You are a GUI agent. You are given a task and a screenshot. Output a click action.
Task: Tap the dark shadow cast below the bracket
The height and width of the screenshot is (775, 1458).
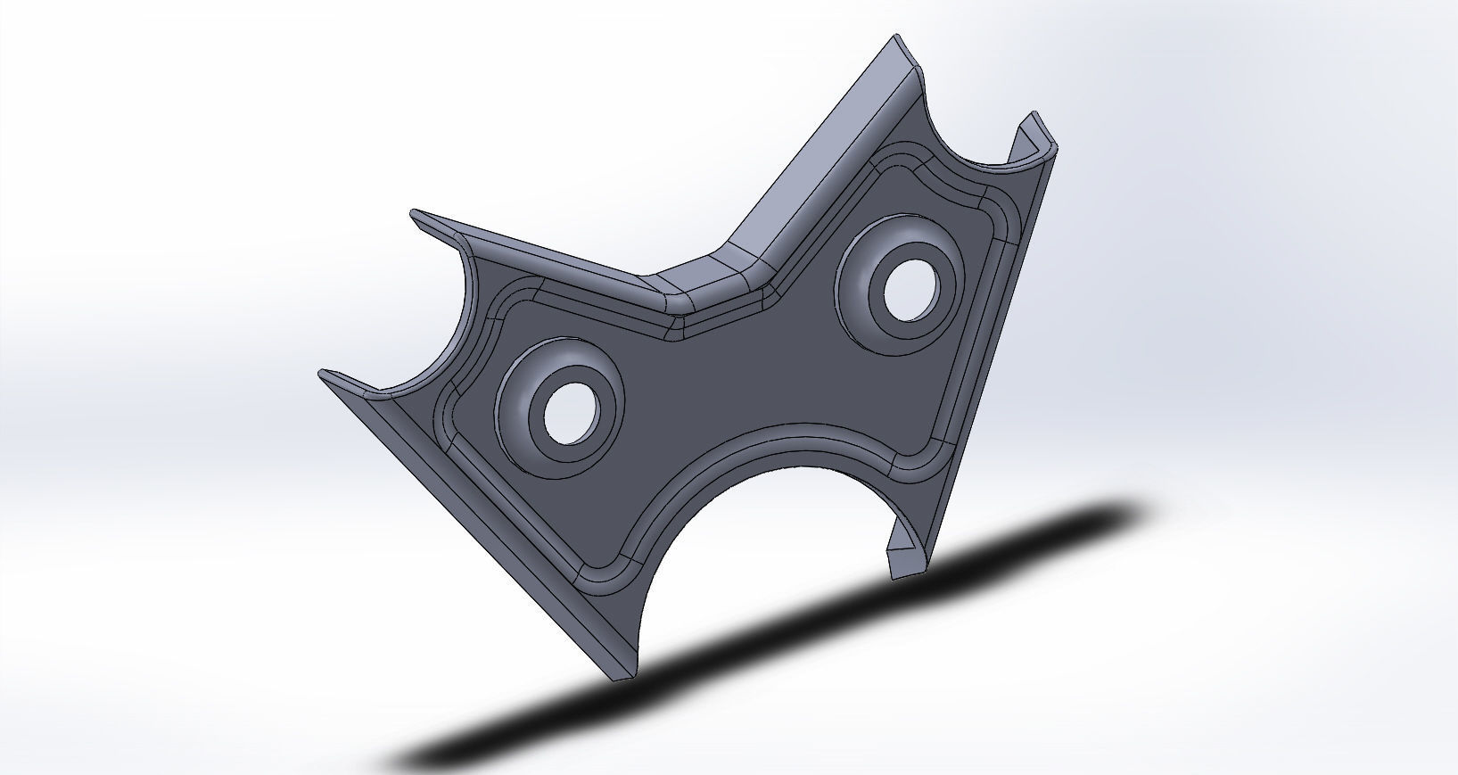point(803,642)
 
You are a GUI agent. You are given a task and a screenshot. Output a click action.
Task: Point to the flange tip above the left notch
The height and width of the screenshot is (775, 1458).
point(416,214)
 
